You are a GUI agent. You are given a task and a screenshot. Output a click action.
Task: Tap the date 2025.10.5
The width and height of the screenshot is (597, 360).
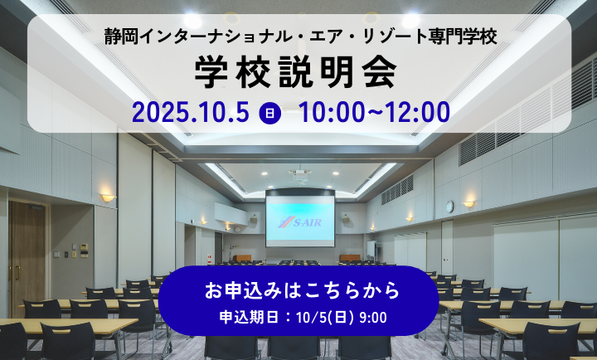tap(191, 112)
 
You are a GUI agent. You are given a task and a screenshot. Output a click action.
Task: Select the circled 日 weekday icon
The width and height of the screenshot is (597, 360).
tap(270, 113)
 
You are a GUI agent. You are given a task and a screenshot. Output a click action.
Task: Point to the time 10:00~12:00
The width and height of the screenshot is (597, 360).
tap(374, 112)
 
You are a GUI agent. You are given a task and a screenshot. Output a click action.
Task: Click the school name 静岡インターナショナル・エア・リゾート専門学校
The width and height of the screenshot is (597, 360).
tap(300, 37)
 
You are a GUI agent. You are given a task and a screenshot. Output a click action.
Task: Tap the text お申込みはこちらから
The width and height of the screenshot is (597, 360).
tap(302, 290)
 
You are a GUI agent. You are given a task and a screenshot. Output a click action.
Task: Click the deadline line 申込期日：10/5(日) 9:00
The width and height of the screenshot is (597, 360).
tap(303, 318)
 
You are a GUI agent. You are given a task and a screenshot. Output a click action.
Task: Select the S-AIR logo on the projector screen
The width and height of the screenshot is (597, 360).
tap(300, 222)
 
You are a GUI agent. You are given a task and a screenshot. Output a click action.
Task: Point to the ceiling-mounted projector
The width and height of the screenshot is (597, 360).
tap(300, 173)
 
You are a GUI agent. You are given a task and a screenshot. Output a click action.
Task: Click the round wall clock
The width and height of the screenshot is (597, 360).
tap(449, 206)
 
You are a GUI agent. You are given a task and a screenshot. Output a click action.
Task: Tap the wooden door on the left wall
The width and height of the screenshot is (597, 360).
tap(27, 259)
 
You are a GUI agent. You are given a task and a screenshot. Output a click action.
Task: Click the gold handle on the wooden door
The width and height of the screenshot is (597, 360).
tap(17, 272)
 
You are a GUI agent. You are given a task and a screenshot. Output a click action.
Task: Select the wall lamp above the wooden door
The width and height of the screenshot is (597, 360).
tap(107, 197)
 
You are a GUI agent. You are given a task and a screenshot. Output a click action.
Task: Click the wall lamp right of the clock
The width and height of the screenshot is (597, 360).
tap(468, 204)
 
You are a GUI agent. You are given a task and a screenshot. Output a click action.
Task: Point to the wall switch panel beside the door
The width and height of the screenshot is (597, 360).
tap(84, 251)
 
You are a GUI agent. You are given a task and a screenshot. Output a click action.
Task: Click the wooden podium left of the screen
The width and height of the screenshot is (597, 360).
tap(242, 258)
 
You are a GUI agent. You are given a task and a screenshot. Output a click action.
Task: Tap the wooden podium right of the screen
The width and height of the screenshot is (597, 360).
tap(350, 258)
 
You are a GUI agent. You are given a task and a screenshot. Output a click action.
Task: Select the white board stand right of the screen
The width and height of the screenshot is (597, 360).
tap(371, 250)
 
